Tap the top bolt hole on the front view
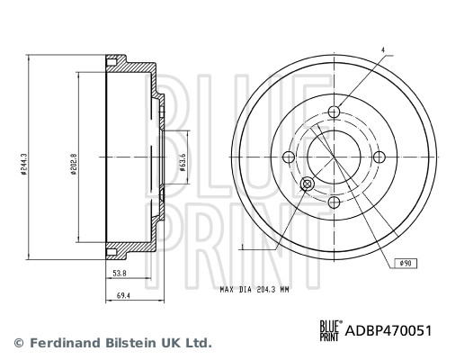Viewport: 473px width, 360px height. [x=335, y=112]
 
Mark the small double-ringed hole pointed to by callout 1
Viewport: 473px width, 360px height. [x=307, y=184]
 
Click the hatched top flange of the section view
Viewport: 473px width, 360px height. [x=130, y=65]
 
